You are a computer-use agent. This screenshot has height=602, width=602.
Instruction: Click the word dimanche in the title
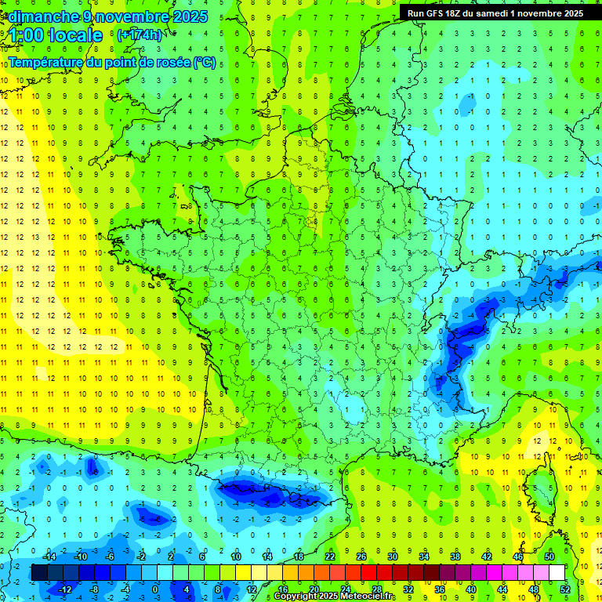point(38,16)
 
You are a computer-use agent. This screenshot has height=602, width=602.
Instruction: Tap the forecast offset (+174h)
point(139,35)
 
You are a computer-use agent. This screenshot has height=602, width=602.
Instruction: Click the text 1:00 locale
point(56,35)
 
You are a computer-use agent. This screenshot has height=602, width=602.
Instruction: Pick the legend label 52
point(565,589)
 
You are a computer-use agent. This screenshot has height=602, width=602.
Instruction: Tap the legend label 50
point(549,557)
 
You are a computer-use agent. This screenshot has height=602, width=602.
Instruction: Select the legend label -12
point(63,589)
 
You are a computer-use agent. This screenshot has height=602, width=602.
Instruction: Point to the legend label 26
point(361,557)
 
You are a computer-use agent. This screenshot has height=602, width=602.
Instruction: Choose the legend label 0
point(155,589)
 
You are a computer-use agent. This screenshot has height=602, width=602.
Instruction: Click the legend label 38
point(455,557)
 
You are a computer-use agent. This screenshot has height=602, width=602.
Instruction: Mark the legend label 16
point(282,589)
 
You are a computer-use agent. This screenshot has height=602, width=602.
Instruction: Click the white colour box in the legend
point(557,573)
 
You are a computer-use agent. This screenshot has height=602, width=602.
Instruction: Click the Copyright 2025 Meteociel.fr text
point(334,597)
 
